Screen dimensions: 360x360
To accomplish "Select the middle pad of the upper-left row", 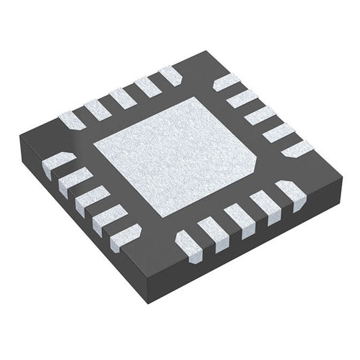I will [x=122, y=99].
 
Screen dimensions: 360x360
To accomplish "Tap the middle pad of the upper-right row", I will [x=259, y=115].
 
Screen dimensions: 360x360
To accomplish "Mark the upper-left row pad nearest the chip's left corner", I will [x=72, y=121].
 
